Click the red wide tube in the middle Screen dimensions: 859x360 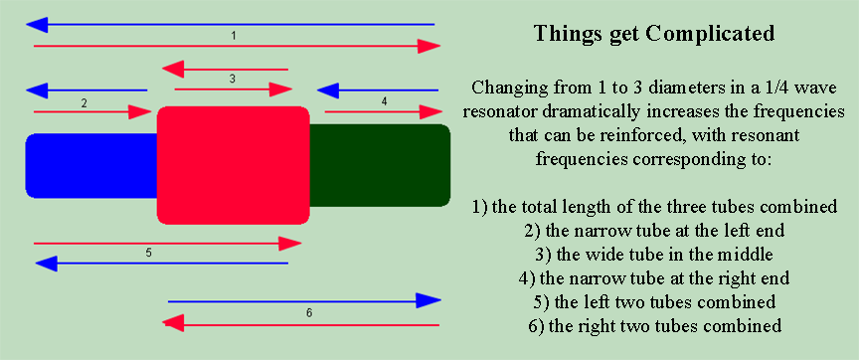pyautogui.click(x=234, y=165)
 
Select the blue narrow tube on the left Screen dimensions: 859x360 pyautogui.click(x=91, y=165)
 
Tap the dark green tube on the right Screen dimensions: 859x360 pyautogui.click(x=380, y=165)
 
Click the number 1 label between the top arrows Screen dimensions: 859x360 pyautogui.click(x=234, y=36)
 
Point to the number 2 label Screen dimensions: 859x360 pyautogui.click(x=84, y=101)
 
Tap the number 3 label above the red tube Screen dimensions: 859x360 pyautogui.click(x=233, y=79)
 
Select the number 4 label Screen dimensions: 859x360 pyautogui.click(x=384, y=101)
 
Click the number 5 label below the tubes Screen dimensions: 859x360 pyautogui.click(x=148, y=253)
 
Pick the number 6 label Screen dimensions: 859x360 pyautogui.click(x=309, y=313)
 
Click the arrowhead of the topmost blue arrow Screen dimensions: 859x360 pyautogui.click(x=37, y=25)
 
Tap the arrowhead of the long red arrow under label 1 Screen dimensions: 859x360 pyautogui.click(x=429, y=47)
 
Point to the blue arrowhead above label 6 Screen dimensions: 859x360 pyautogui.click(x=429, y=300)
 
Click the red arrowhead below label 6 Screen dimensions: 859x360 pyautogui.click(x=173, y=325)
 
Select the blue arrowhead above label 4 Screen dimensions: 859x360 pyautogui.click(x=328, y=90)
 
